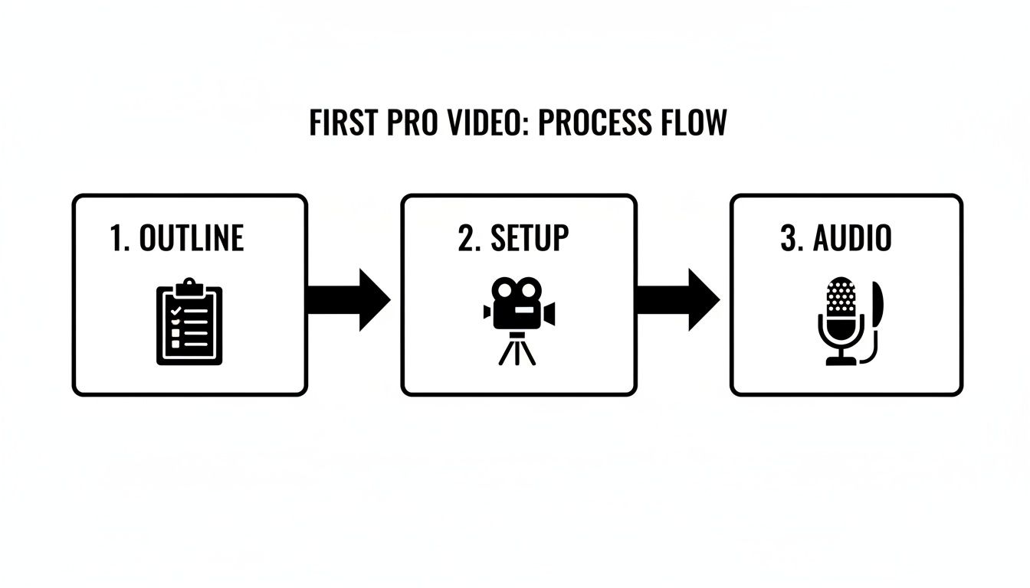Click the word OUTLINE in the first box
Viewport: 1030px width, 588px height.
pyautogui.click(x=192, y=238)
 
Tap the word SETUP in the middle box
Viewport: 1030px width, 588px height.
pyautogui.click(x=530, y=238)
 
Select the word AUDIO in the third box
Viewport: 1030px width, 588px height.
pyautogui.click(x=852, y=238)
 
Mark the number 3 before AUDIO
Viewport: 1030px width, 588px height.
pyautogui.click(x=790, y=238)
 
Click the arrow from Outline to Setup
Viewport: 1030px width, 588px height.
pyautogui.click(x=349, y=299)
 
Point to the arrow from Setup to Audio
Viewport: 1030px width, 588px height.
pyautogui.click(x=677, y=299)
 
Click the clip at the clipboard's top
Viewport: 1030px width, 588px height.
pyautogui.click(x=189, y=288)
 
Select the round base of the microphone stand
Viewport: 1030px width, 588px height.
pyautogui.click(x=841, y=360)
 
